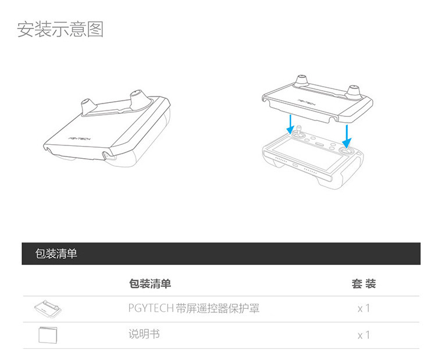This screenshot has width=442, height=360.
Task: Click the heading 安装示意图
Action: click(60, 29)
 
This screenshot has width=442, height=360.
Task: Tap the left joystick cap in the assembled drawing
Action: click(88, 106)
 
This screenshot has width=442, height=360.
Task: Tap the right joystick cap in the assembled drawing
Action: click(137, 98)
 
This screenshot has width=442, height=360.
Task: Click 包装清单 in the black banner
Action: click(56, 254)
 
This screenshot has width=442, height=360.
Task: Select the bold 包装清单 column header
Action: click(149, 283)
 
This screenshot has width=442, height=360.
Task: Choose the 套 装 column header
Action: click(363, 283)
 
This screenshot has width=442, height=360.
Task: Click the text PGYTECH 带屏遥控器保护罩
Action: click(194, 308)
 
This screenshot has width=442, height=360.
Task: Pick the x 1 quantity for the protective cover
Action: click(363, 308)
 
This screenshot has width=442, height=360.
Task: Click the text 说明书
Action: click(144, 334)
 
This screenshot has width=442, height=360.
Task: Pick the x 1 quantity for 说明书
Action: click(363, 336)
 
